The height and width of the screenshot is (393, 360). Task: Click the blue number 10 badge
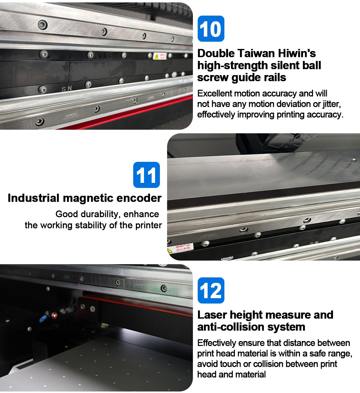211,29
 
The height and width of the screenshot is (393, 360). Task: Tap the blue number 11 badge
146,175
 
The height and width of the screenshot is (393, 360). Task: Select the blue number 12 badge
211,290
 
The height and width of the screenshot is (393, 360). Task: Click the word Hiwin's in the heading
296,53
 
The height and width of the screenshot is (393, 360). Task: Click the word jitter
331,104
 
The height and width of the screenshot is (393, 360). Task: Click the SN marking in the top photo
67,89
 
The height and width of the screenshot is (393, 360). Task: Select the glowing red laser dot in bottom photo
54,315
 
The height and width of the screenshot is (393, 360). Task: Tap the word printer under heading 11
149,225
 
